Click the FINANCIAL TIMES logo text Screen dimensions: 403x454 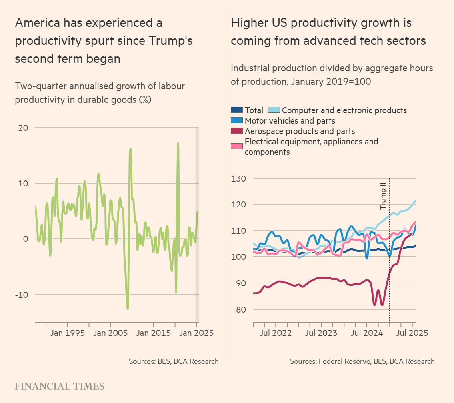tap(60, 386)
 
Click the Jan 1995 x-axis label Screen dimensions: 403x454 tap(67, 333)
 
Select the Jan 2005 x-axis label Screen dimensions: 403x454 tap(110, 333)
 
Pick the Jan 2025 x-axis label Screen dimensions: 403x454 tap(196, 333)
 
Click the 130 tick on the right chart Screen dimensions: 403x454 tap(239, 178)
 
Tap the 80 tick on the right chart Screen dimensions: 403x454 tap(241, 309)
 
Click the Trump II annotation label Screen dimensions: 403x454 tap(383, 196)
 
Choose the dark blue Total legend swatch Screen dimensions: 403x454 tap(237, 110)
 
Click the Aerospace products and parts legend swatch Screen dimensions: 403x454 tap(237, 131)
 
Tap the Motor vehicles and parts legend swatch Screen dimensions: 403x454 tap(237, 120)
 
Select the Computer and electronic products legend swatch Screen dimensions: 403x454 tap(274, 110)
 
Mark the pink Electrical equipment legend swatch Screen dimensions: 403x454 tap(237, 146)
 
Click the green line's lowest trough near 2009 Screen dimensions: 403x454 tap(128, 309)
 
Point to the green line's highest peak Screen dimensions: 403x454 tap(178, 143)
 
